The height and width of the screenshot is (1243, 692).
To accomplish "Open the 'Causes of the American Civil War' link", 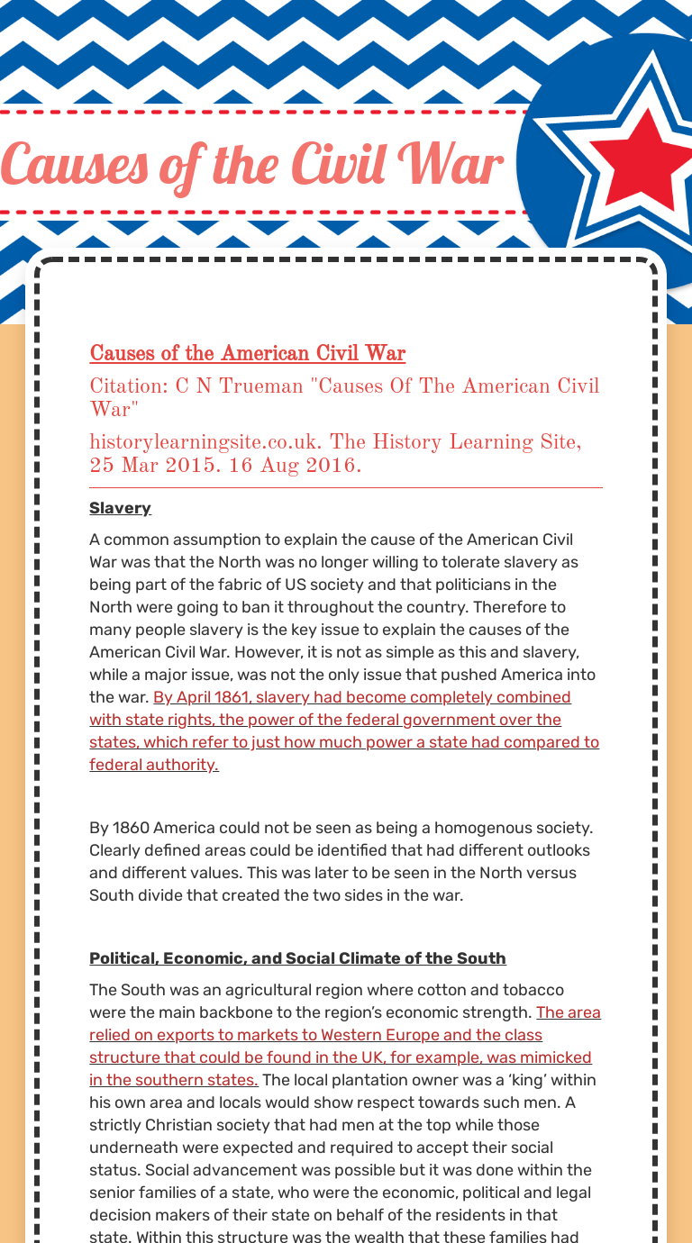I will (x=247, y=353).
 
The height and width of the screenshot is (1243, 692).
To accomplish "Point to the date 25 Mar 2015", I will (x=141, y=466).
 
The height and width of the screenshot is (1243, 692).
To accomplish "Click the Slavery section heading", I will (x=120, y=508).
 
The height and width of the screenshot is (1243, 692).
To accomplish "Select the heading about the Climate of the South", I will (x=297, y=958).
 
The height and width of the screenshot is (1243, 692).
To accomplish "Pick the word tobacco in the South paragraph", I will (x=532, y=990).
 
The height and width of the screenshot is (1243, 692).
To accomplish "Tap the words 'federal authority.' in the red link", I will (x=154, y=765).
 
